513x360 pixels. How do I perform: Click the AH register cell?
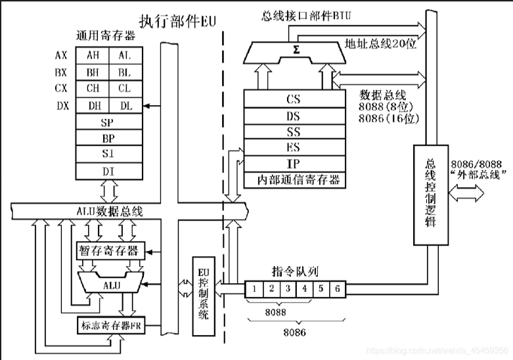pos(93,56)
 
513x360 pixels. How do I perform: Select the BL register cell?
pos(125,72)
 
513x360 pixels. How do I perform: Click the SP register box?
pos(108,122)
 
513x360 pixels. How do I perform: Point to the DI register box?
pos(108,171)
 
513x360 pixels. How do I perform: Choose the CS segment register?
pos(294,100)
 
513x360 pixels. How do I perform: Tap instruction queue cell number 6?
pos(336,288)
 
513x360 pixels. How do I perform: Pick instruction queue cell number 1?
pos(253,288)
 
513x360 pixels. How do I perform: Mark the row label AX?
pos(61,56)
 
